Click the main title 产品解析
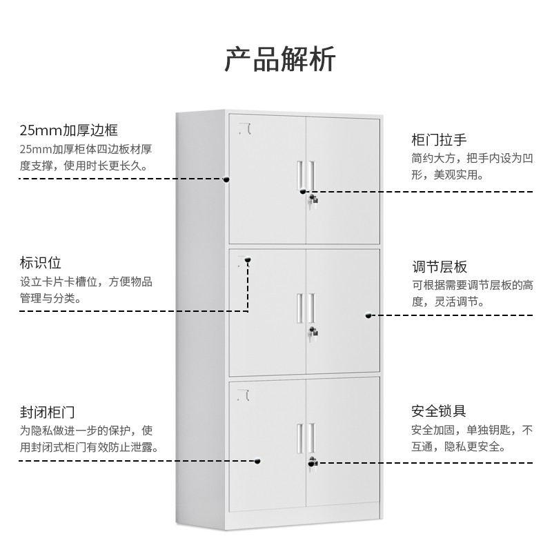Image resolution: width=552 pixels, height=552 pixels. point(279,61)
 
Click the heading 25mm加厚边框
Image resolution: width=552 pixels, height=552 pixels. point(69,130)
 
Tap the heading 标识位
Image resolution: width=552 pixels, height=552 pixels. point(41,263)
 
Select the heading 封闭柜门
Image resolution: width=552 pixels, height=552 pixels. point(47,413)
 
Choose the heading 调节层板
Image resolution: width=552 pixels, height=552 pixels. point(440,267)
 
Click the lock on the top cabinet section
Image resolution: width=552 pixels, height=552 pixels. point(314,200)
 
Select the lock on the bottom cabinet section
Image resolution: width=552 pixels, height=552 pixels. point(314,462)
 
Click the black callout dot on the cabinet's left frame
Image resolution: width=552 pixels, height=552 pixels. point(226,179)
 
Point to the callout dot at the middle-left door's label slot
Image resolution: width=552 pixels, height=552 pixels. point(248,261)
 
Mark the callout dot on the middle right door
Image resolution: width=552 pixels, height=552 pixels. point(368,316)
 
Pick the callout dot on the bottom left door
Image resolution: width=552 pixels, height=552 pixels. point(258,462)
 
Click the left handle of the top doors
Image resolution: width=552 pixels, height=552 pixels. point(300,175)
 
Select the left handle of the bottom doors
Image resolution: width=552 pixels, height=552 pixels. point(300,436)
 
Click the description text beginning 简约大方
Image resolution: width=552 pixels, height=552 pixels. point(472,166)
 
